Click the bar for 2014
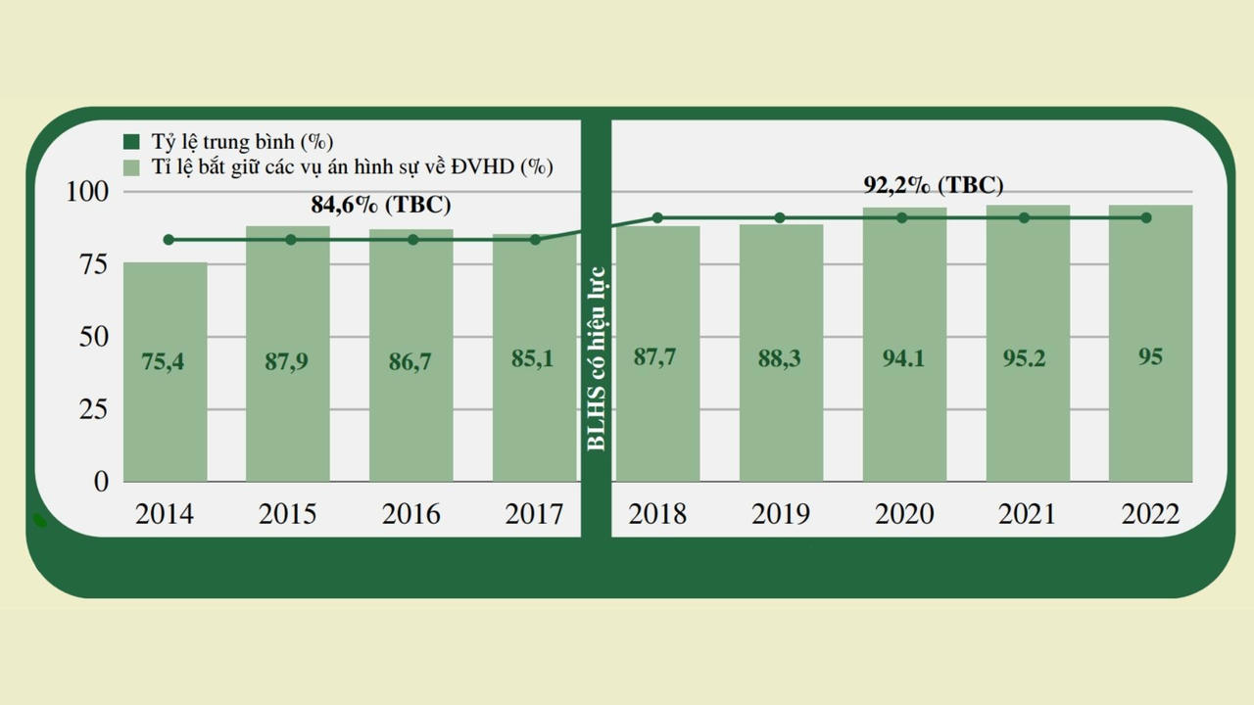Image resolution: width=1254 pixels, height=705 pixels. coord(165,411)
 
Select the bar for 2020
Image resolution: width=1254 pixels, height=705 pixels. coord(904,411)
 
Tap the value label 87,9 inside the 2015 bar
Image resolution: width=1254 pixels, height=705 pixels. coord(287,360)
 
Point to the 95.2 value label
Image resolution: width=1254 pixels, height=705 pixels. coord(1025,358)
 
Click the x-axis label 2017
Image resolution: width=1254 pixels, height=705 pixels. coord(534,514)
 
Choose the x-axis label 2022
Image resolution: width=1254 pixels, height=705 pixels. coord(1150,514)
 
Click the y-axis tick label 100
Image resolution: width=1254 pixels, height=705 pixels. coord(87,192)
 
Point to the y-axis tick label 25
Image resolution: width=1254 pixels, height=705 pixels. coord(93,409)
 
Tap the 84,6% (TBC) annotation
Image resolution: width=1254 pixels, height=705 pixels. coord(381,206)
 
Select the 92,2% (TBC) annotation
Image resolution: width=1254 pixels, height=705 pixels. coord(933,185)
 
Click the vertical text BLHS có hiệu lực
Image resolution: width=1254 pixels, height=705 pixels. coord(596,358)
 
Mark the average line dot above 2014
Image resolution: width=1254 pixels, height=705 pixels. coord(169,240)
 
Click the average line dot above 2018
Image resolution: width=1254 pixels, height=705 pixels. coord(657,217)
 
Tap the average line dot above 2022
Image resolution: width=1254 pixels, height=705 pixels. coord(1146,217)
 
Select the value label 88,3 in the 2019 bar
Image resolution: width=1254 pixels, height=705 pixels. coord(779,359)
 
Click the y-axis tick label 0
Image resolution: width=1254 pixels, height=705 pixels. coord(102,482)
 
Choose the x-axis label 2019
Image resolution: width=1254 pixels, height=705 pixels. coord(781,514)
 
